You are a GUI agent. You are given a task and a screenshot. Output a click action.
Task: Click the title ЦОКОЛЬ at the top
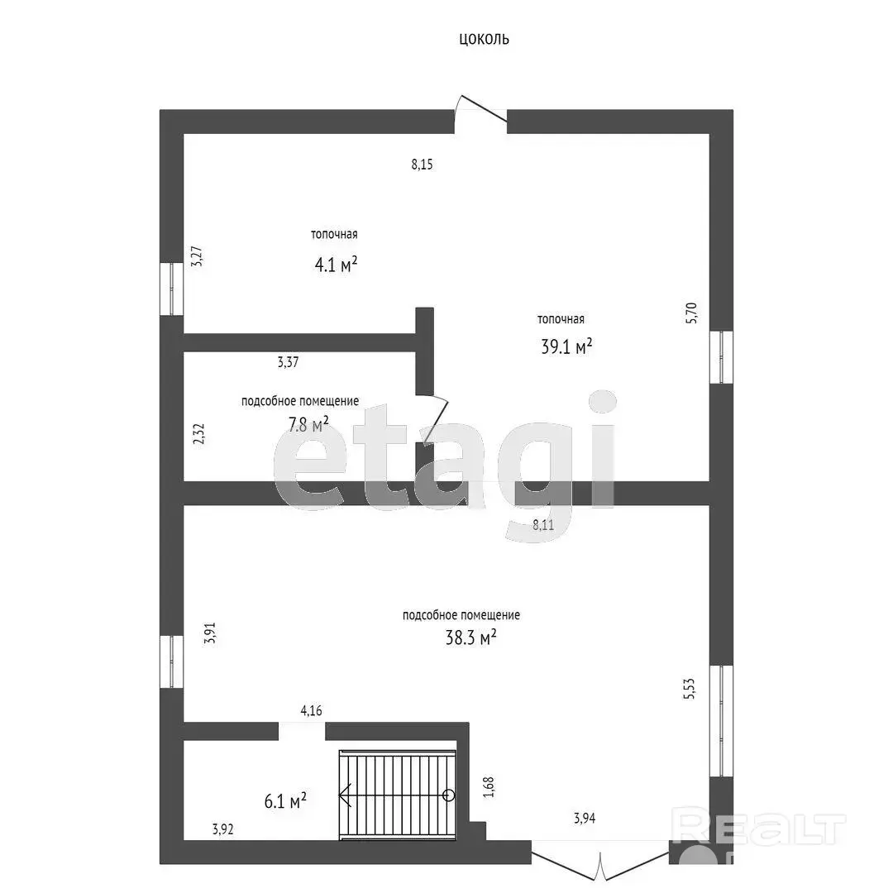point(484,40)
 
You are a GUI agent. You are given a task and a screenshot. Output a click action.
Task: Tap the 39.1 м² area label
point(566,346)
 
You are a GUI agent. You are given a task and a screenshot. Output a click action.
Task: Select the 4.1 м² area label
point(336,265)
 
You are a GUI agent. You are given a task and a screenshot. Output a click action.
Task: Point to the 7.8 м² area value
point(308,424)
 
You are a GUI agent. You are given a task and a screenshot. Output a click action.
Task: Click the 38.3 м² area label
point(471,638)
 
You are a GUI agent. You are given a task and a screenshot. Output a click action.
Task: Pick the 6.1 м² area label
point(285,801)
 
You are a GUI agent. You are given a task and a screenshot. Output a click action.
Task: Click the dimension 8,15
point(422,165)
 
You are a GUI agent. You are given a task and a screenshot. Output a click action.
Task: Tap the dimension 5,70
point(690,313)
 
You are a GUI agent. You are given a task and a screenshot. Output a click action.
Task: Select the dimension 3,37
point(289,361)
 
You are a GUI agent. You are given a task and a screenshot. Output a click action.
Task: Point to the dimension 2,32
point(198,434)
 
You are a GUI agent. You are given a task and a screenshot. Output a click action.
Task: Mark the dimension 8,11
point(543,524)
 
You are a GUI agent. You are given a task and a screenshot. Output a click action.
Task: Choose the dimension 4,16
point(312,711)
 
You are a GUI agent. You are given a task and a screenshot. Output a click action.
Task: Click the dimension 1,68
point(489,787)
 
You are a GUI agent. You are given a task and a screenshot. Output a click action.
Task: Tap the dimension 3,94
point(585,819)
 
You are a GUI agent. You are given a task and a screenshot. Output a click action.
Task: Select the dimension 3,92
point(223,829)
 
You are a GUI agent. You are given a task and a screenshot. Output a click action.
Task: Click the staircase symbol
point(398,795)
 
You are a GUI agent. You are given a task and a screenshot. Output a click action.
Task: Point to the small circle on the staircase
point(449,795)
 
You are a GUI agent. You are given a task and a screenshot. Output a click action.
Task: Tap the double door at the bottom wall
point(599,861)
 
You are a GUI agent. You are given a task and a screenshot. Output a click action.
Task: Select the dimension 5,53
point(690,689)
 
